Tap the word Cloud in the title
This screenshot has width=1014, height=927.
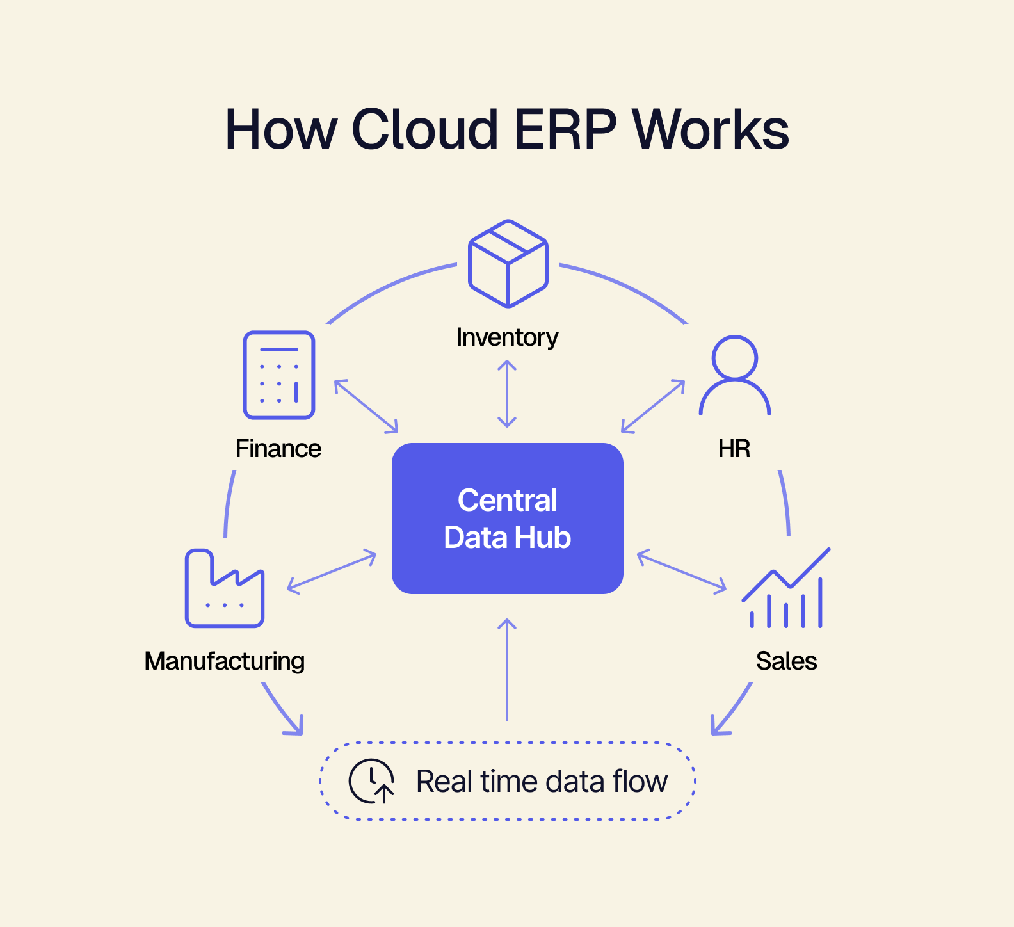pos(425,129)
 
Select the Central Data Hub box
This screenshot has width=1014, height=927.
pos(507,519)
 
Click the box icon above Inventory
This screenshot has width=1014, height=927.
pos(508,263)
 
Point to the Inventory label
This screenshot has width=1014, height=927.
pos(507,337)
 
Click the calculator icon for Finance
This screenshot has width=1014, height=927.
pos(278,375)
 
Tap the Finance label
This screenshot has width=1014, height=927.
pos(278,449)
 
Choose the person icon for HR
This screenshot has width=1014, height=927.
pos(734,375)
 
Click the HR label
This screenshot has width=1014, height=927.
pos(734,449)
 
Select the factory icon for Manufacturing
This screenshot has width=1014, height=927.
pos(224,588)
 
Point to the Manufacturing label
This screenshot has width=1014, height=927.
pos(224,661)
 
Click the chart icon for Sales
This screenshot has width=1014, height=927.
pos(786,588)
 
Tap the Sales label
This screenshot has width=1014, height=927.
pos(786,661)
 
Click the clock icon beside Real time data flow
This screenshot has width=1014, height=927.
pos(371,781)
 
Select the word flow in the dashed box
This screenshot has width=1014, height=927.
pos(640,782)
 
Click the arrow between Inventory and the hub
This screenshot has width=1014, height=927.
pos(507,394)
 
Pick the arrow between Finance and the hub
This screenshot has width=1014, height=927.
pos(366,406)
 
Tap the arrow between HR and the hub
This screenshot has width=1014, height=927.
pos(653,406)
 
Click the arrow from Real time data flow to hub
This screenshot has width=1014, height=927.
pos(507,669)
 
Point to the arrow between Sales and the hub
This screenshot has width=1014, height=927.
pos(682,570)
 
